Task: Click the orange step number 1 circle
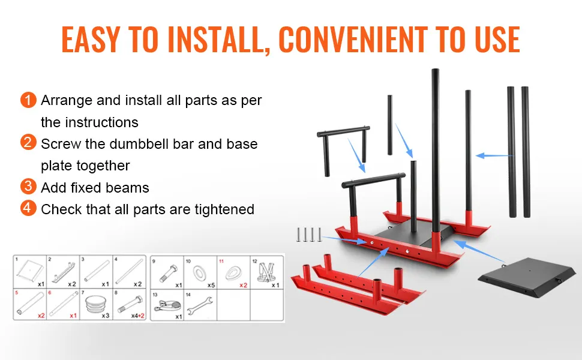pos(28,100)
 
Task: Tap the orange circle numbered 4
pos(28,208)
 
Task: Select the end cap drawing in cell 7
pos(95,304)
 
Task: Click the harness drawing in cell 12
pos(266,272)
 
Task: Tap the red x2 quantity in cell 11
pos(243,285)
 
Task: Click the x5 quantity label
pos(211,285)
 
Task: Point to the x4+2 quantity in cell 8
pos(138,316)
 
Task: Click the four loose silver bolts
pos(309,235)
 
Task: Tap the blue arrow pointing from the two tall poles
pos(494,156)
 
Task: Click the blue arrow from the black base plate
pos(479,251)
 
